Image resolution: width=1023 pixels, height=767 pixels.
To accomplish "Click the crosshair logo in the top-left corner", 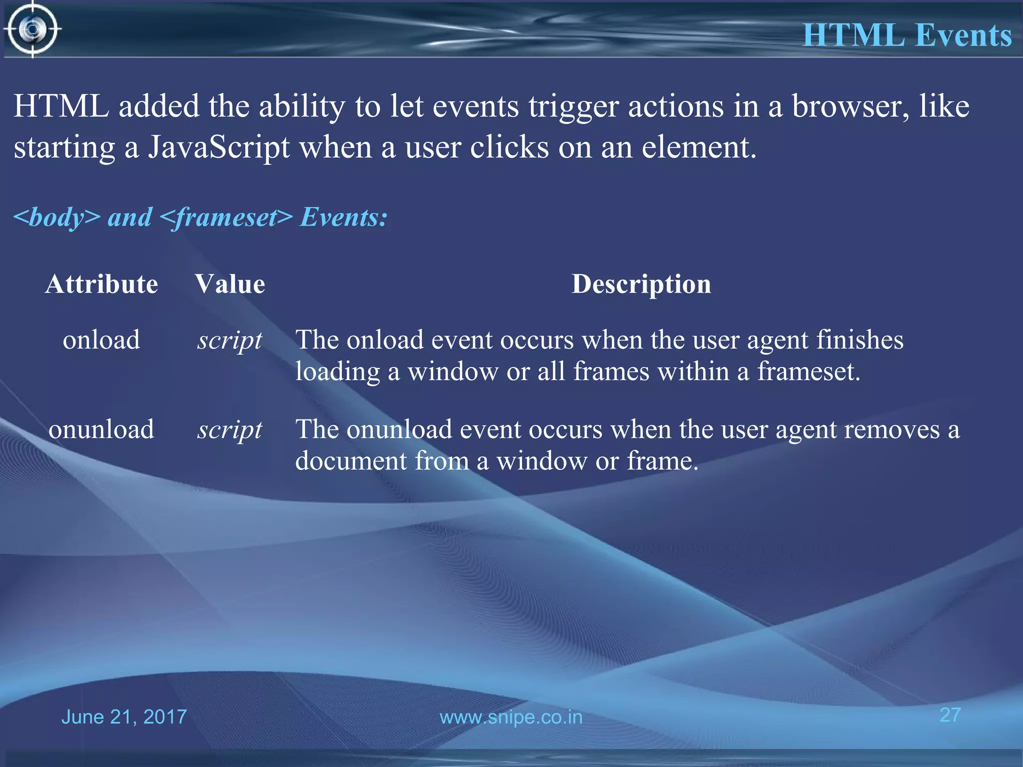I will (33, 29).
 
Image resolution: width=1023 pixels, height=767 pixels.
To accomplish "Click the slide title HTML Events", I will (907, 35).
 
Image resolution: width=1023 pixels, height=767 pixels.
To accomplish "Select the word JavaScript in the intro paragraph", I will (219, 148).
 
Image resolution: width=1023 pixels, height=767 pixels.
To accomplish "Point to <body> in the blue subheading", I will (56, 217).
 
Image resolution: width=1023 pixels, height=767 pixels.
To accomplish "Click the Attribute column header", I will (101, 284).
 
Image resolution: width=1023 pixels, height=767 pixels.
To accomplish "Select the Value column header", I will (230, 284).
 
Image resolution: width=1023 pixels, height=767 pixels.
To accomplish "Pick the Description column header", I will (641, 284).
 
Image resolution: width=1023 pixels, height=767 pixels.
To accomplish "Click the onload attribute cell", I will (101, 340).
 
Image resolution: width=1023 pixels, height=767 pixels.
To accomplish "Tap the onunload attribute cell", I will (101, 429).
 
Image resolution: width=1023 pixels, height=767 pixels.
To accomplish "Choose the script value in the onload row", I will (230, 341).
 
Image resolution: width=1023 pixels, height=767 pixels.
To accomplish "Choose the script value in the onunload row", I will (230, 430).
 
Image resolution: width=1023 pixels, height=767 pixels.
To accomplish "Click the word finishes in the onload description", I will (860, 340).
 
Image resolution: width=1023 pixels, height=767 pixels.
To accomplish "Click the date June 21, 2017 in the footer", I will (124, 717).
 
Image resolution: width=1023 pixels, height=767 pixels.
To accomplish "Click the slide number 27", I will (950, 715).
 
